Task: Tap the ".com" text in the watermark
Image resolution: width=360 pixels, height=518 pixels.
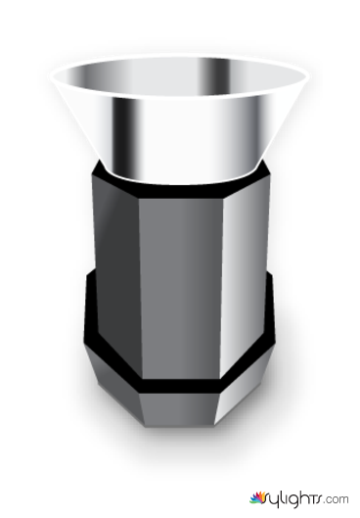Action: coord(337,498)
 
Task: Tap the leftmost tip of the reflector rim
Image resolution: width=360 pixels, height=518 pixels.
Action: coord(51,76)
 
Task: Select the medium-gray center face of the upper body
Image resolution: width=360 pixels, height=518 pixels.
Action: coord(180,288)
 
